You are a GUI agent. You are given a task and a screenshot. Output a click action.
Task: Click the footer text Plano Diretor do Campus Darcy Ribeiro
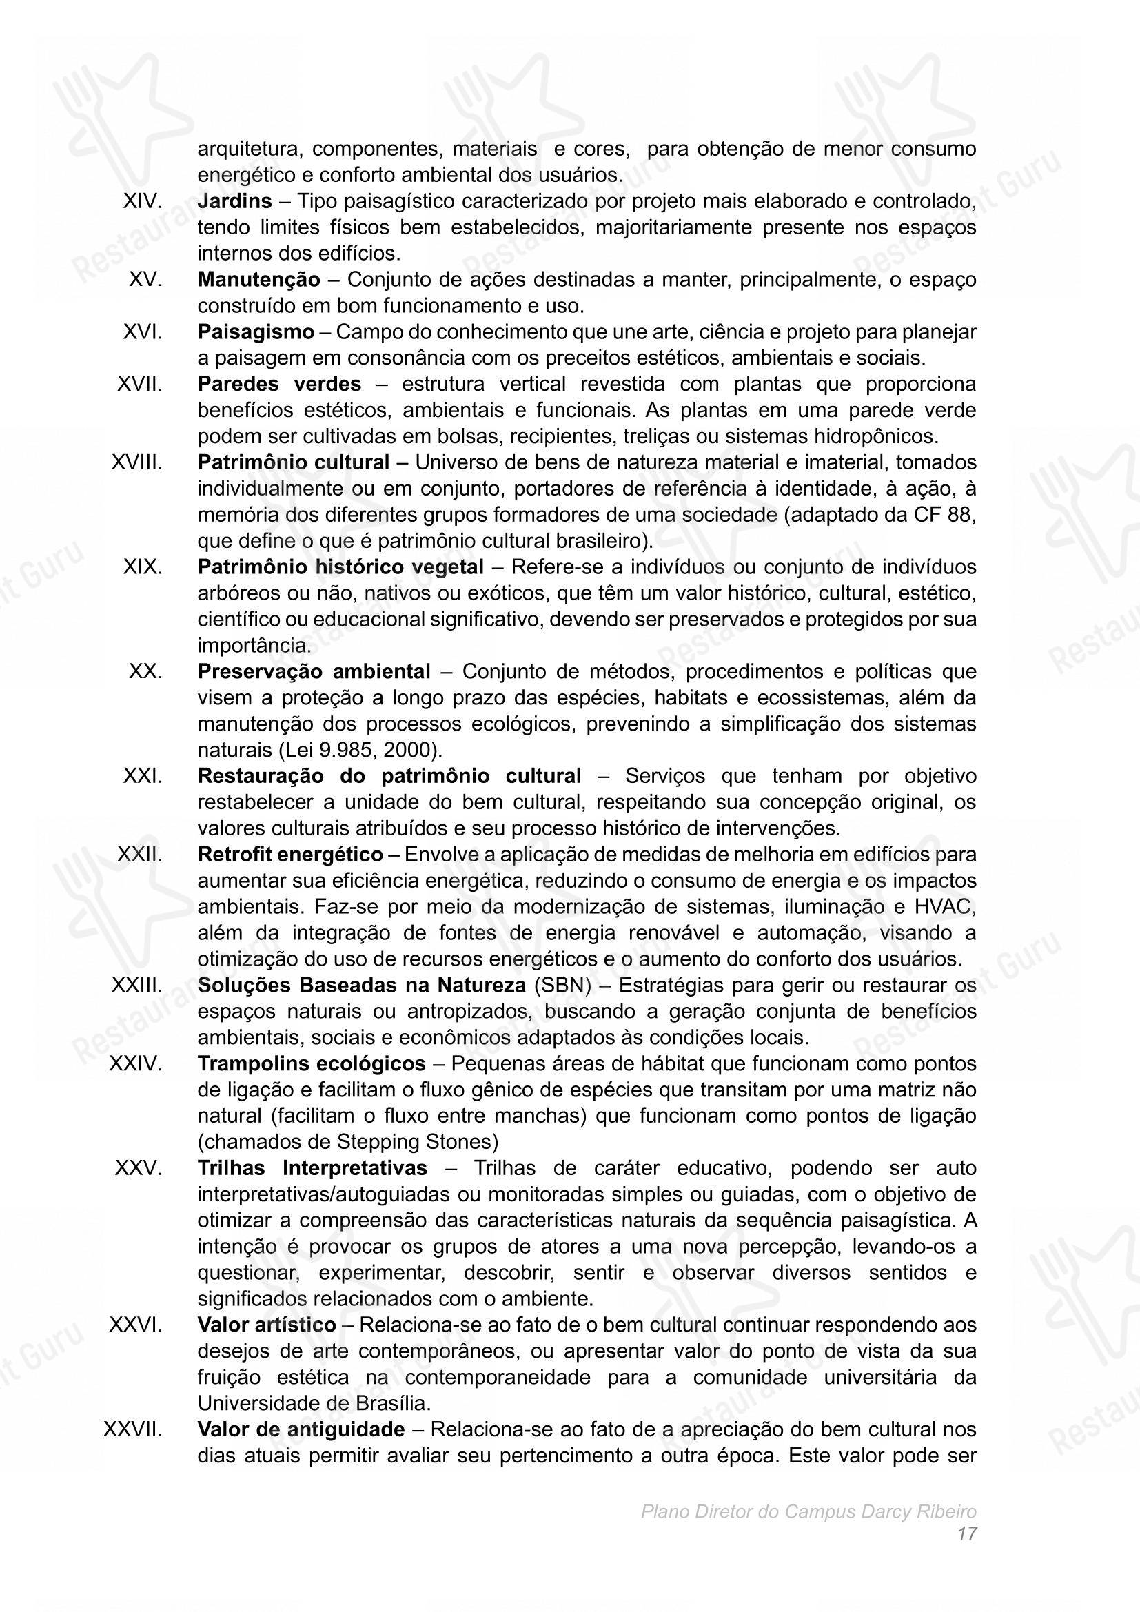point(808,1511)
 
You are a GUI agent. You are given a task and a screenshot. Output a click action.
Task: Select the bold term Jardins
point(234,201)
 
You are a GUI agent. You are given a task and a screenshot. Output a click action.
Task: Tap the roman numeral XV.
point(145,279)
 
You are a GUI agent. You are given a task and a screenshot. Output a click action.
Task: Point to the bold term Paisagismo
point(256,331)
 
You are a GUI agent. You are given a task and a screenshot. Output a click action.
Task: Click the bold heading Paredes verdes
point(279,384)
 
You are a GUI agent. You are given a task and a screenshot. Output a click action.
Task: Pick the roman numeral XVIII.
point(137,462)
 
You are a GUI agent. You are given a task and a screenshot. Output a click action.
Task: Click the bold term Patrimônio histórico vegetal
point(340,567)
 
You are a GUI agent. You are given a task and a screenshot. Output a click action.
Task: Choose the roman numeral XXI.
point(143,776)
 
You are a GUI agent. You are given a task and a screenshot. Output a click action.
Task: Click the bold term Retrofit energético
point(290,855)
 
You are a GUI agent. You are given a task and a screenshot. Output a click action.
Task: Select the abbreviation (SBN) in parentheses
point(562,985)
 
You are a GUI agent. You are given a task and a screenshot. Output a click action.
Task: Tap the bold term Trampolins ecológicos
point(311,1063)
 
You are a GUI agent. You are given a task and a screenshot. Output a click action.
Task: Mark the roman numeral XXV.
point(139,1168)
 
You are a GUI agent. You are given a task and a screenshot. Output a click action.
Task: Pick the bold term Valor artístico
point(267,1325)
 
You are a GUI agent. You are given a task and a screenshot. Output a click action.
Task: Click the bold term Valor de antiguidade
point(301,1429)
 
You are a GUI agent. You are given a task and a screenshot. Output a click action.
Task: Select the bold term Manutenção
point(258,279)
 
